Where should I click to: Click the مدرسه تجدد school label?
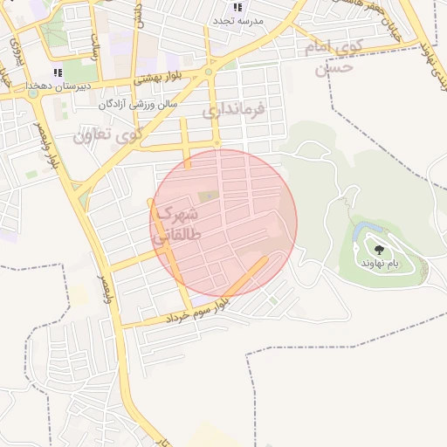[x=238, y=19]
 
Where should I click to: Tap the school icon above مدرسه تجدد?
[x=237, y=7]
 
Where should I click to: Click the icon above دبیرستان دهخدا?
[x=58, y=72]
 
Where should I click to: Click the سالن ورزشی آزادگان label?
[x=136, y=104]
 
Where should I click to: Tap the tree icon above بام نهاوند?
[x=378, y=250]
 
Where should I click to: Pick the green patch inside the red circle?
[x=208, y=197]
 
